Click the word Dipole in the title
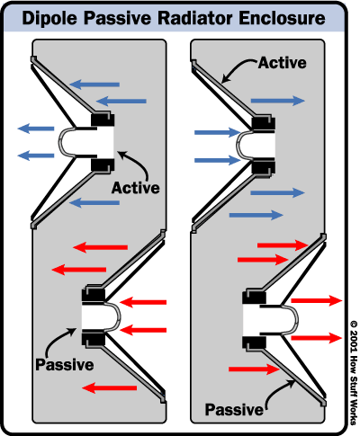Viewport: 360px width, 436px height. [50, 19]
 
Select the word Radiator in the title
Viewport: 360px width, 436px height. [195, 18]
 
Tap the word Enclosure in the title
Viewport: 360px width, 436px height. [283, 18]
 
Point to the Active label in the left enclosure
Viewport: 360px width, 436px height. [136, 188]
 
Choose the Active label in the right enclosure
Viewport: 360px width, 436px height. [283, 63]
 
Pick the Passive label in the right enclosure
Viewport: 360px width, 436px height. [234, 410]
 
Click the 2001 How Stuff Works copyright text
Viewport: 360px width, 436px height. [354, 373]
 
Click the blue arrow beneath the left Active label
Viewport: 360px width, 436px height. [94, 203]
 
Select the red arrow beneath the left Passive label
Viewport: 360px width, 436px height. [110, 388]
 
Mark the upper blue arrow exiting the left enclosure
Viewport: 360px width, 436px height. [36, 129]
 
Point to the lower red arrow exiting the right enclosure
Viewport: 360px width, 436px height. [317, 338]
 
